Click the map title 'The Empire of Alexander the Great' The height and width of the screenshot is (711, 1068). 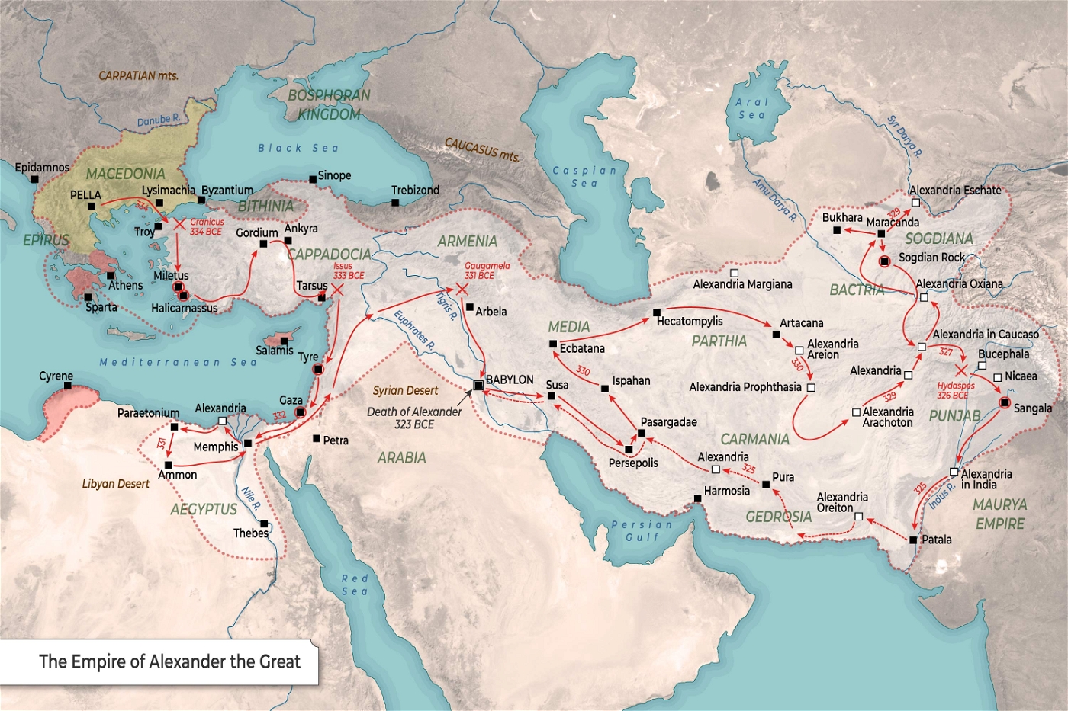(x=169, y=661)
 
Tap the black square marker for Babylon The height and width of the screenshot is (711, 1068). (x=478, y=386)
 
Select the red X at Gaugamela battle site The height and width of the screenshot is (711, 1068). (x=462, y=290)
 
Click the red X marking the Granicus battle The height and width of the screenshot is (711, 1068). (x=179, y=224)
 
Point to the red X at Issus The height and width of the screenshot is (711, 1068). (x=336, y=290)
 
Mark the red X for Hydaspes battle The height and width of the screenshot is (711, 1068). (x=961, y=370)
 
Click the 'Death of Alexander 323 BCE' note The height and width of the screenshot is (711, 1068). (x=414, y=418)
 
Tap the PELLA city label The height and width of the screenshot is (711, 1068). (x=85, y=195)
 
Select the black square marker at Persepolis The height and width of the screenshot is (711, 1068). (x=629, y=450)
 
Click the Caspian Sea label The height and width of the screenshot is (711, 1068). (x=584, y=177)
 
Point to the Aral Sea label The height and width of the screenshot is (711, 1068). (x=751, y=108)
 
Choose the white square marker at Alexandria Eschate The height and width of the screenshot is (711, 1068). (x=915, y=203)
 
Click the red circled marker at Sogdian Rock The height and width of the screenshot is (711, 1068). (x=884, y=261)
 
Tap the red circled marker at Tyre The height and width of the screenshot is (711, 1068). (x=318, y=370)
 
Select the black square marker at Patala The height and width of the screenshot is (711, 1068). (x=913, y=540)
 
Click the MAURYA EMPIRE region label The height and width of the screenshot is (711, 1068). (x=999, y=514)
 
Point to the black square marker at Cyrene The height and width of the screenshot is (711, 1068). (x=68, y=386)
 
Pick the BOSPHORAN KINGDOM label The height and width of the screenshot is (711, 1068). (x=329, y=105)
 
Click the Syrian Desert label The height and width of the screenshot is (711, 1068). (x=405, y=391)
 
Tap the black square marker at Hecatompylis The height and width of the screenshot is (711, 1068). (x=657, y=312)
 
